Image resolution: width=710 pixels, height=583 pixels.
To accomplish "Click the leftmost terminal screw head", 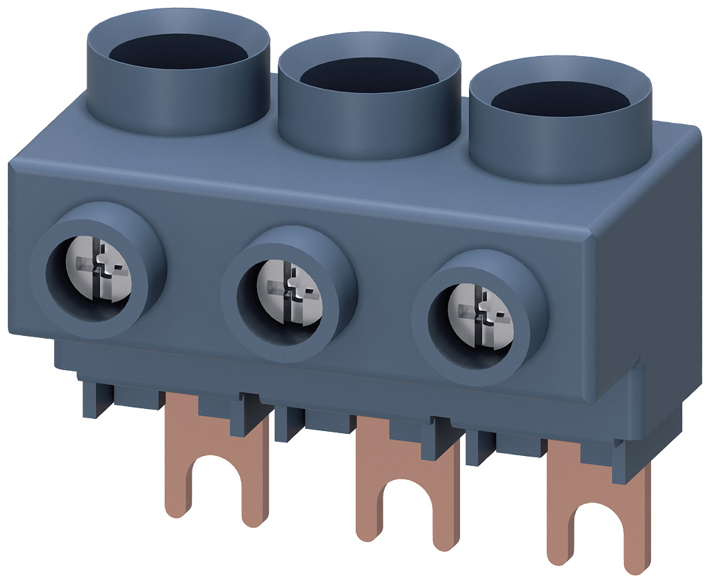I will coord(101,272).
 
